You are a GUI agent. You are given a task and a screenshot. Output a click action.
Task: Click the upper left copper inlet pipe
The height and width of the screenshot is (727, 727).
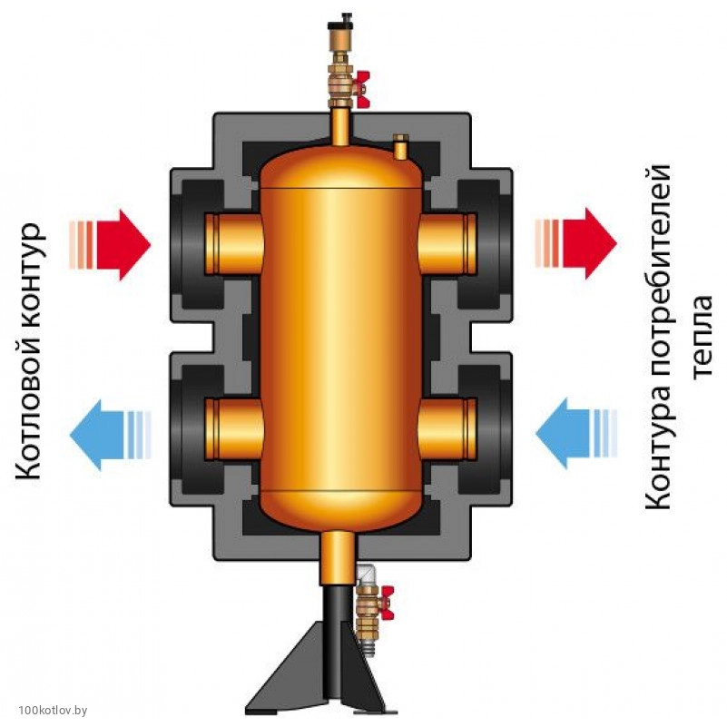pyautogui.click(x=233, y=243)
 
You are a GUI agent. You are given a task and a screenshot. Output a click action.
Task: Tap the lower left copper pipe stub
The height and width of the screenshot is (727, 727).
pyautogui.click(x=233, y=427)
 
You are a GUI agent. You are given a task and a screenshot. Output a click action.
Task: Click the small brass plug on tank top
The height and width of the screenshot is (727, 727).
pyautogui.click(x=400, y=144)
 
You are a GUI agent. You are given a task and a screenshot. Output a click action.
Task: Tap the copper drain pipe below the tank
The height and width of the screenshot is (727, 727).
pyautogui.click(x=339, y=555)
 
